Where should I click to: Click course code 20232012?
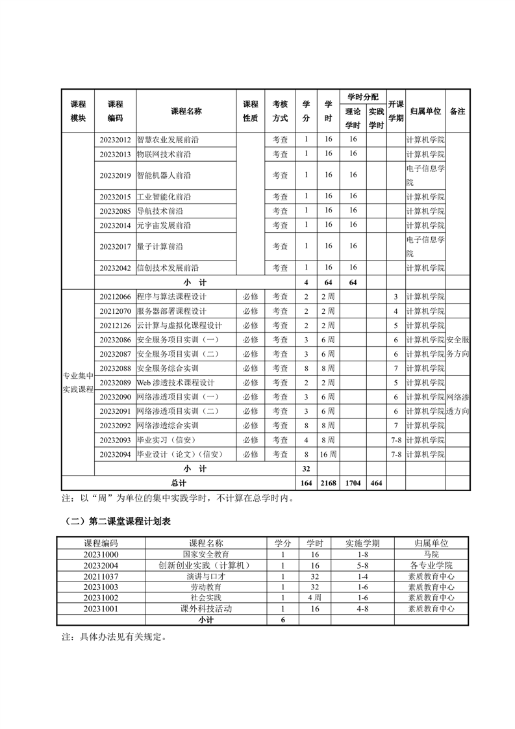coord(115,140)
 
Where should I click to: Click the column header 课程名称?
coord(186,111)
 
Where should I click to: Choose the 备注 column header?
coord(457,111)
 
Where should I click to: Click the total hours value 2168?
coord(329,483)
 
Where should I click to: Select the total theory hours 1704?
coord(353,483)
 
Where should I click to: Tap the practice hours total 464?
coord(376,483)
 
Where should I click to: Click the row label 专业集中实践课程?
coord(78,383)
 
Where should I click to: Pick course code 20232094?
coord(115,454)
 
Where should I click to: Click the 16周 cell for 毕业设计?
coord(329,454)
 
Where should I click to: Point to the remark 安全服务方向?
coord(457,347)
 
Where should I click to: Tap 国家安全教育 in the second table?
coord(206,554)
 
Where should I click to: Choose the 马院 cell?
coord(431,554)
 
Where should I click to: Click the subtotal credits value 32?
coord(307,468)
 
